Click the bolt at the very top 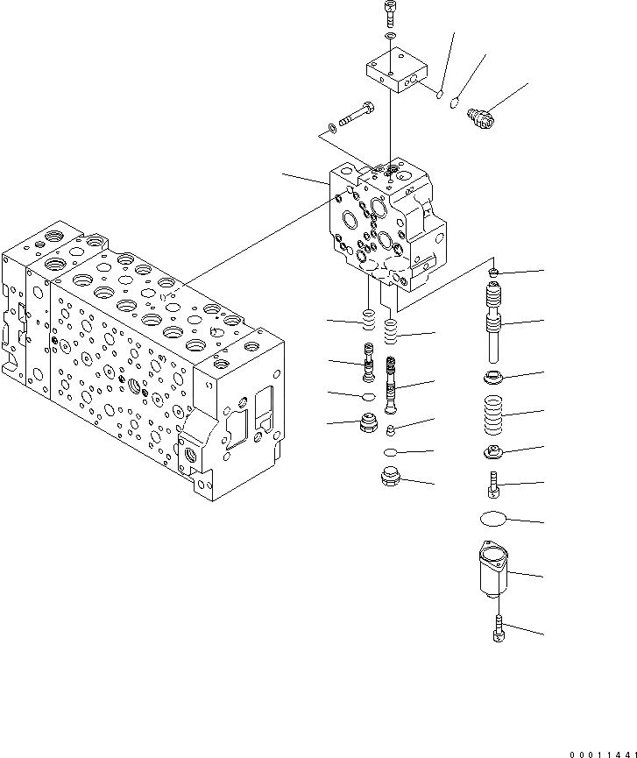[389, 14]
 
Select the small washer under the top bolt [389, 37]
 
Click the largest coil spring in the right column [497, 414]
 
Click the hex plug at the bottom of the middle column [389, 479]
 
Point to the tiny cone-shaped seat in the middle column [392, 429]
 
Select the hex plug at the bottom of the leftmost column [369, 427]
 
